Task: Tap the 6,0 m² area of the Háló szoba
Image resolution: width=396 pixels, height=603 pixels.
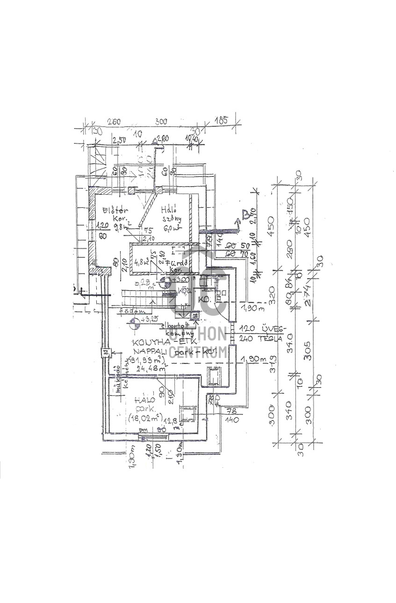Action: point(170,229)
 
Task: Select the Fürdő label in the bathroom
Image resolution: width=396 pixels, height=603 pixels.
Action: point(180,263)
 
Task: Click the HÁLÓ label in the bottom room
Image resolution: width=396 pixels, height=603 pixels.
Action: point(142,400)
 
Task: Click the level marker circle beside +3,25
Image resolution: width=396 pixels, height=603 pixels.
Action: point(134,322)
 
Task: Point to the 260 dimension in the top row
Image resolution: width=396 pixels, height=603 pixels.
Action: point(114,122)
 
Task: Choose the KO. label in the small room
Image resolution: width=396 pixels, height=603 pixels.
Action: point(203,298)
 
